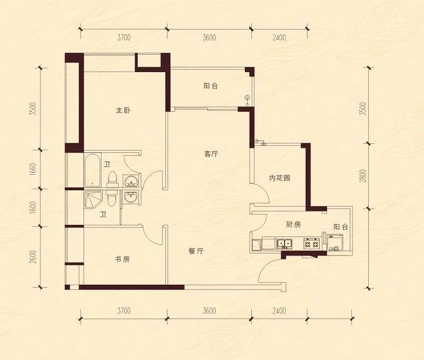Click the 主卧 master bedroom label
tap(123, 110)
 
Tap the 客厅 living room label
tap(211, 154)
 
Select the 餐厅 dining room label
tap(196, 251)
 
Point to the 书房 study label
tap(122, 259)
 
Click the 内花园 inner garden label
tap(280, 178)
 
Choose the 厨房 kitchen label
tap(294, 224)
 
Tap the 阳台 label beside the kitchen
tap(341, 227)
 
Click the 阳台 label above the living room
tap(210, 86)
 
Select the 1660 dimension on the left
tap(32, 170)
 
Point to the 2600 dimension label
tap(32, 257)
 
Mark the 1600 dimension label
tap(32, 208)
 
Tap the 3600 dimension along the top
tap(209, 37)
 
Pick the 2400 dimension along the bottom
tap(279, 311)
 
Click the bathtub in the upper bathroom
tap(92, 170)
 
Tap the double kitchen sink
tap(285, 244)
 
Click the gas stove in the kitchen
tap(312, 243)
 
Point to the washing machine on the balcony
tap(335, 243)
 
